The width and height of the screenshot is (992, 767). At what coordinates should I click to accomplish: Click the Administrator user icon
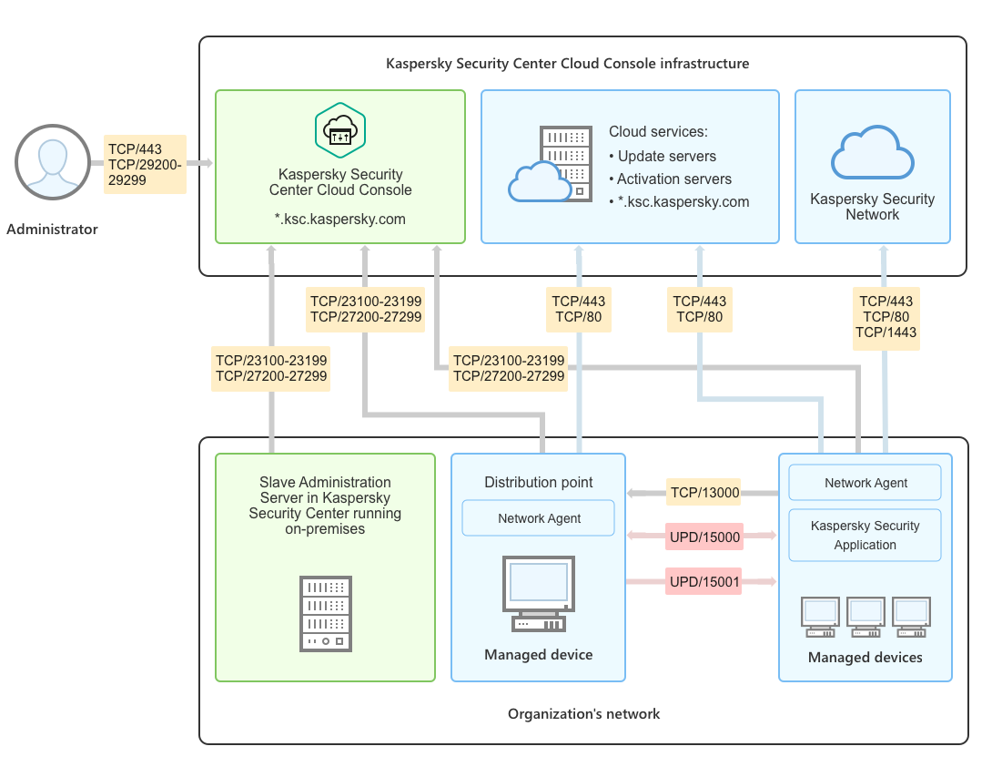click(52, 163)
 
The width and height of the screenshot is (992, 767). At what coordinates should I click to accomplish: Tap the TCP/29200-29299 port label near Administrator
click(146, 173)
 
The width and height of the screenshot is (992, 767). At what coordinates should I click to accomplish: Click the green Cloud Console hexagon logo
click(340, 129)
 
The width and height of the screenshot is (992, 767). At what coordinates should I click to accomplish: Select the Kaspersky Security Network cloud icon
click(872, 155)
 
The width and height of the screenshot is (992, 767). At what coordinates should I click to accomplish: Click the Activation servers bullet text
click(673, 179)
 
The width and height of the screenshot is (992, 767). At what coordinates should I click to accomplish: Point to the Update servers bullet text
click(666, 157)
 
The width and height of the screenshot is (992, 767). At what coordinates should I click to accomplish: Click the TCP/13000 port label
click(704, 494)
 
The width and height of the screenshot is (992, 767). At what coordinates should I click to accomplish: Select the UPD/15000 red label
click(704, 537)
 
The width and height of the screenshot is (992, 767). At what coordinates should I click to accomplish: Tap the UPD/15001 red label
click(704, 580)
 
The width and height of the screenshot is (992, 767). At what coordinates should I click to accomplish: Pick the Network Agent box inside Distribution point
click(539, 518)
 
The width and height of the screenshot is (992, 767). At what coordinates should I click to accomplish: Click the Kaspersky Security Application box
click(865, 536)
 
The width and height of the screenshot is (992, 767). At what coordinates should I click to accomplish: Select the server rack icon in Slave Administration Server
click(326, 613)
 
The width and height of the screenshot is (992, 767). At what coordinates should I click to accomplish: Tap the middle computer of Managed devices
click(865, 616)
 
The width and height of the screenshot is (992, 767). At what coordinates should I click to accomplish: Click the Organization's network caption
click(583, 714)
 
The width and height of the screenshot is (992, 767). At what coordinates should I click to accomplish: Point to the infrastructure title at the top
click(567, 64)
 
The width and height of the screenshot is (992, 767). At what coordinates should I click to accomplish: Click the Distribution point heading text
click(539, 482)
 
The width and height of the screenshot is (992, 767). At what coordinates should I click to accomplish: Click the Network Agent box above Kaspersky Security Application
click(865, 484)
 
